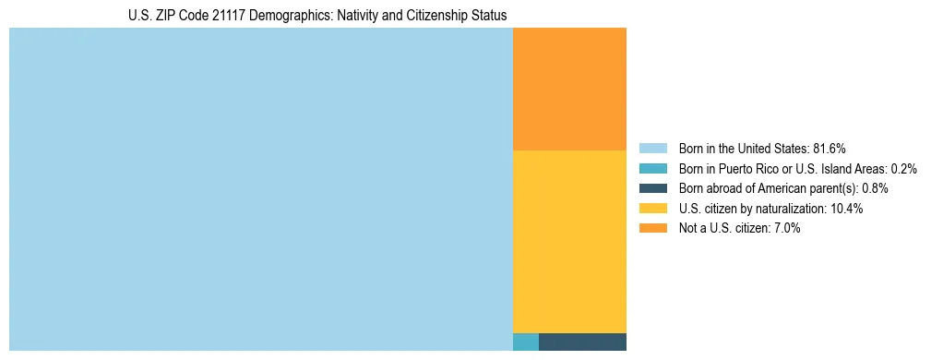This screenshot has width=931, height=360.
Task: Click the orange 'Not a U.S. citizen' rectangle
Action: tap(569, 89)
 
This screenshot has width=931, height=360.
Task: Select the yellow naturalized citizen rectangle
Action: tap(569, 241)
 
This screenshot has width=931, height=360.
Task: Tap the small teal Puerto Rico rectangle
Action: tap(525, 342)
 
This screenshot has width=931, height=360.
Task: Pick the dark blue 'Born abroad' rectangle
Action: tap(582, 342)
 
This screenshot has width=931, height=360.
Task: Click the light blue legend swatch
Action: tap(652, 149)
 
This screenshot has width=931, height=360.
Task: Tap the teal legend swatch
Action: tap(652, 169)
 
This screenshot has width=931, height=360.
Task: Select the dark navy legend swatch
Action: tap(652, 188)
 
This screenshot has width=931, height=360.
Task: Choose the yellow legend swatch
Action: tap(652, 209)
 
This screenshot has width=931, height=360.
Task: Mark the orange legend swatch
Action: tap(652, 228)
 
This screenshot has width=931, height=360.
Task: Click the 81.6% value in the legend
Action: tap(829, 149)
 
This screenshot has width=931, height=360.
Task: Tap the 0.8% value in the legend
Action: tap(875, 188)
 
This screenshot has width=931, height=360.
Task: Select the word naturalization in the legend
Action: tap(793, 209)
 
